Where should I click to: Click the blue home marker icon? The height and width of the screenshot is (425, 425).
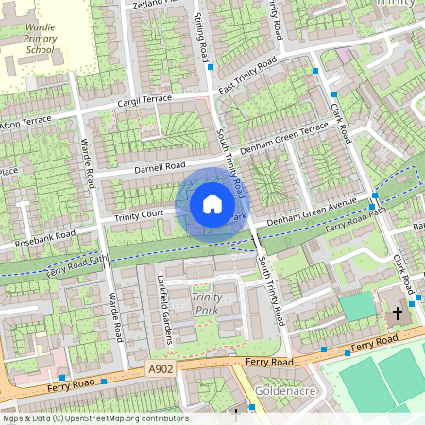212,203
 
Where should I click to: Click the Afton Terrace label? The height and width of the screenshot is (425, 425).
27,124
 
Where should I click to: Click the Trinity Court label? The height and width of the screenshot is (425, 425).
140,216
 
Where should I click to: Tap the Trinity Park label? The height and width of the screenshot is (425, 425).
206,303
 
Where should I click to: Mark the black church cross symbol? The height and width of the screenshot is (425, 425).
397,312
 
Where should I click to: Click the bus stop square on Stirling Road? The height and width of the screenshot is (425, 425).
210,67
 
